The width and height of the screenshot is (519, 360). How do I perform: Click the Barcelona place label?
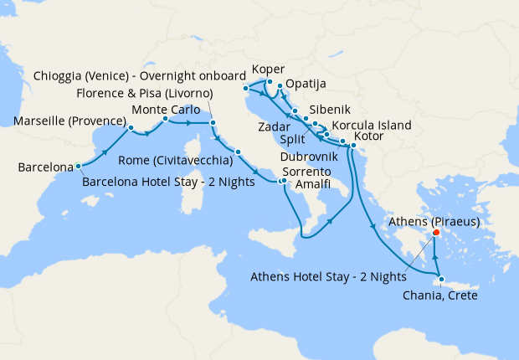pyautogui.click(x=45, y=168)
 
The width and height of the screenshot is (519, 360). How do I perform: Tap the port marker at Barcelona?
pyautogui.click(x=78, y=165)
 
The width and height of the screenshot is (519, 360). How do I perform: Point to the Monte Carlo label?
pyautogui.click(x=166, y=109)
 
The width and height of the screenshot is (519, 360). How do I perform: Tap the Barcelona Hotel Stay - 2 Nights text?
pyautogui.click(x=168, y=181)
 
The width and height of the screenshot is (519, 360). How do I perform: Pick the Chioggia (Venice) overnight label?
pyautogui.click(x=140, y=75)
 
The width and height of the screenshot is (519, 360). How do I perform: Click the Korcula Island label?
pyautogui.click(x=372, y=126)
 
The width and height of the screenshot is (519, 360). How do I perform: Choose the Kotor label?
pyautogui.click(x=370, y=136)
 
